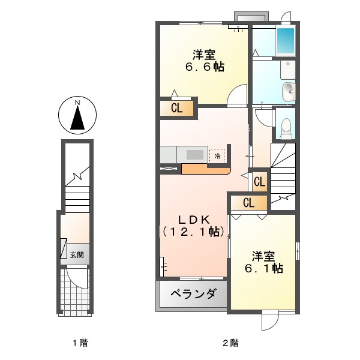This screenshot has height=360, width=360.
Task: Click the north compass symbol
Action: click(x=77, y=116)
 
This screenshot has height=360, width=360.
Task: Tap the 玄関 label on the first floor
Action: click(x=77, y=254)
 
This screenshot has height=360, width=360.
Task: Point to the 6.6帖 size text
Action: click(x=205, y=67)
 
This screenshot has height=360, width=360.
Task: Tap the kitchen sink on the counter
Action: click(x=195, y=154)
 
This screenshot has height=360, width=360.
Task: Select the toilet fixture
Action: click(x=286, y=127)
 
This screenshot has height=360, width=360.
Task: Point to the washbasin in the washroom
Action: click(x=289, y=91)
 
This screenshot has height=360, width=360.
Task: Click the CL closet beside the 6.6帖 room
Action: click(x=176, y=109)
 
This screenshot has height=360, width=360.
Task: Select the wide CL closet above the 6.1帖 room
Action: click(x=249, y=203)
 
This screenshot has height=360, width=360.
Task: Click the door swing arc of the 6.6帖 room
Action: click(x=238, y=95)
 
